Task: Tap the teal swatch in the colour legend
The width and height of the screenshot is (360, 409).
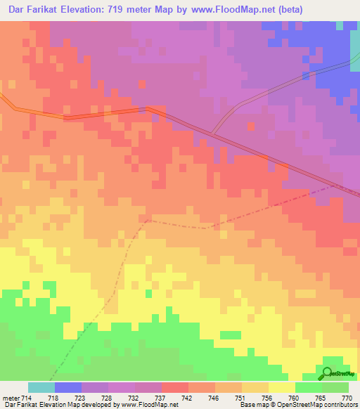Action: (x=41, y=388)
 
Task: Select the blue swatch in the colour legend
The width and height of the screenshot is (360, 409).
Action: (x=67, y=388)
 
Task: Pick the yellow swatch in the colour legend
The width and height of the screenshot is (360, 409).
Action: (x=281, y=388)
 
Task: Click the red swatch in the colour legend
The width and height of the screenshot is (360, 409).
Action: (x=174, y=388)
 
